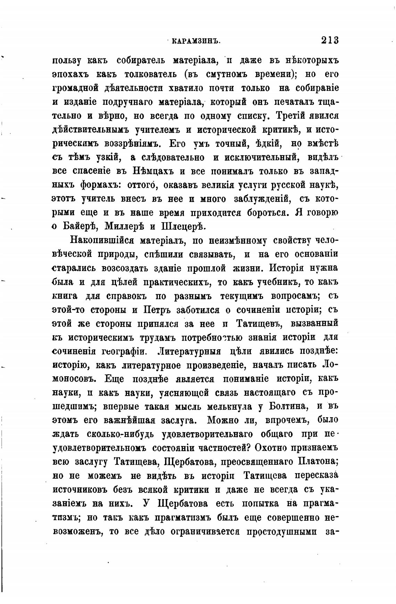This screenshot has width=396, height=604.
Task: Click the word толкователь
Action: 145,74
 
